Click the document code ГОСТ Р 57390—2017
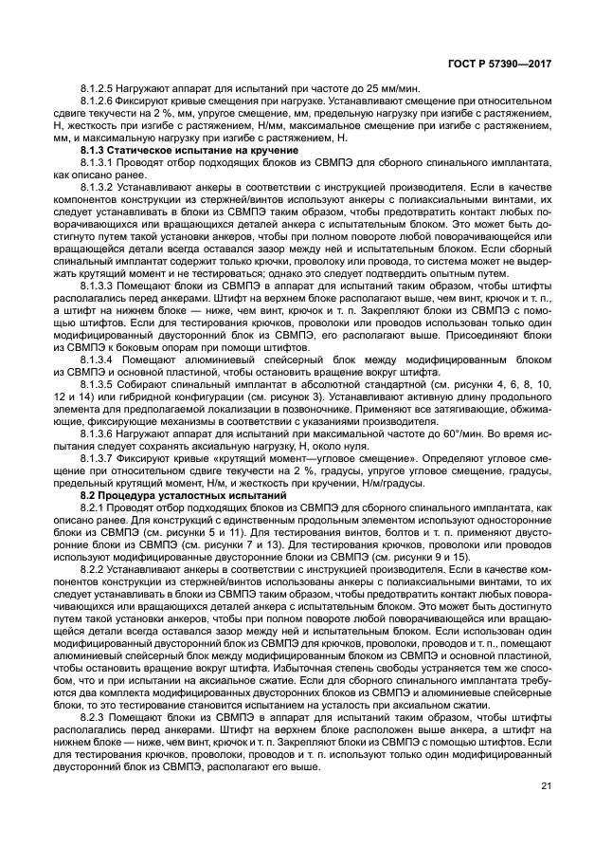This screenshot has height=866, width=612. pyautogui.click(x=506, y=64)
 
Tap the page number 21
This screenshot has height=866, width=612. pyautogui.click(x=545, y=785)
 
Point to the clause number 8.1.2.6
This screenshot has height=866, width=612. pyautogui.click(x=99, y=101)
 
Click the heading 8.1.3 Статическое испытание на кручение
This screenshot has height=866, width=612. pyautogui.click(x=189, y=151)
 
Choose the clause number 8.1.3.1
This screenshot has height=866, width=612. pyautogui.click(x=99, y=163)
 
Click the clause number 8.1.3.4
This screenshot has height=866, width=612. pyautogui.click(x=99, y=360)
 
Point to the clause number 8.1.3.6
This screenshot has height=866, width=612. pyautogui.click(x=99, y=435)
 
